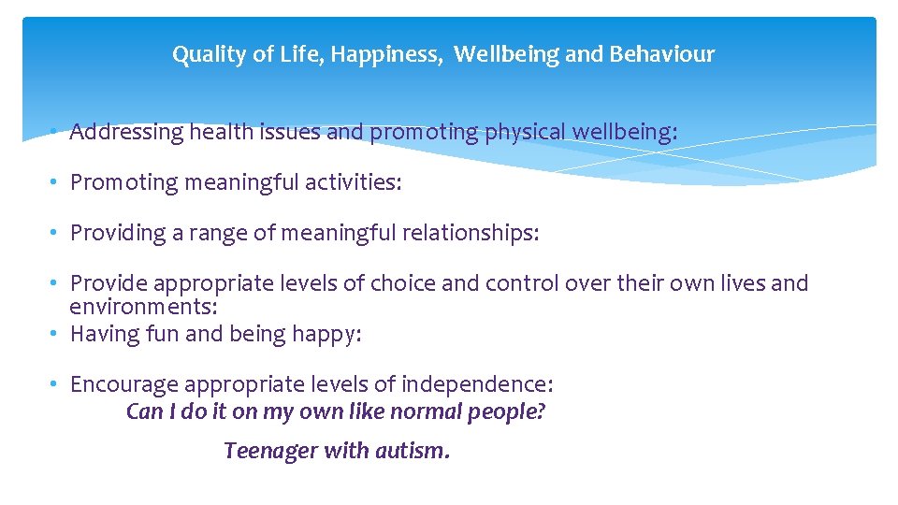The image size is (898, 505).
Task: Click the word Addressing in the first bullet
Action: pos(127,133)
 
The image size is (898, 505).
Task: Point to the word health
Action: pos(221,133)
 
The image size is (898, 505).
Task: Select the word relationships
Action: pos(471,233)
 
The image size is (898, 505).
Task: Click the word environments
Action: pos(143,307)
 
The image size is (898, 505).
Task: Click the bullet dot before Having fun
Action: pos(56,334)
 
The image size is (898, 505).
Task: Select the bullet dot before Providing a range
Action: pos(56,233)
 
